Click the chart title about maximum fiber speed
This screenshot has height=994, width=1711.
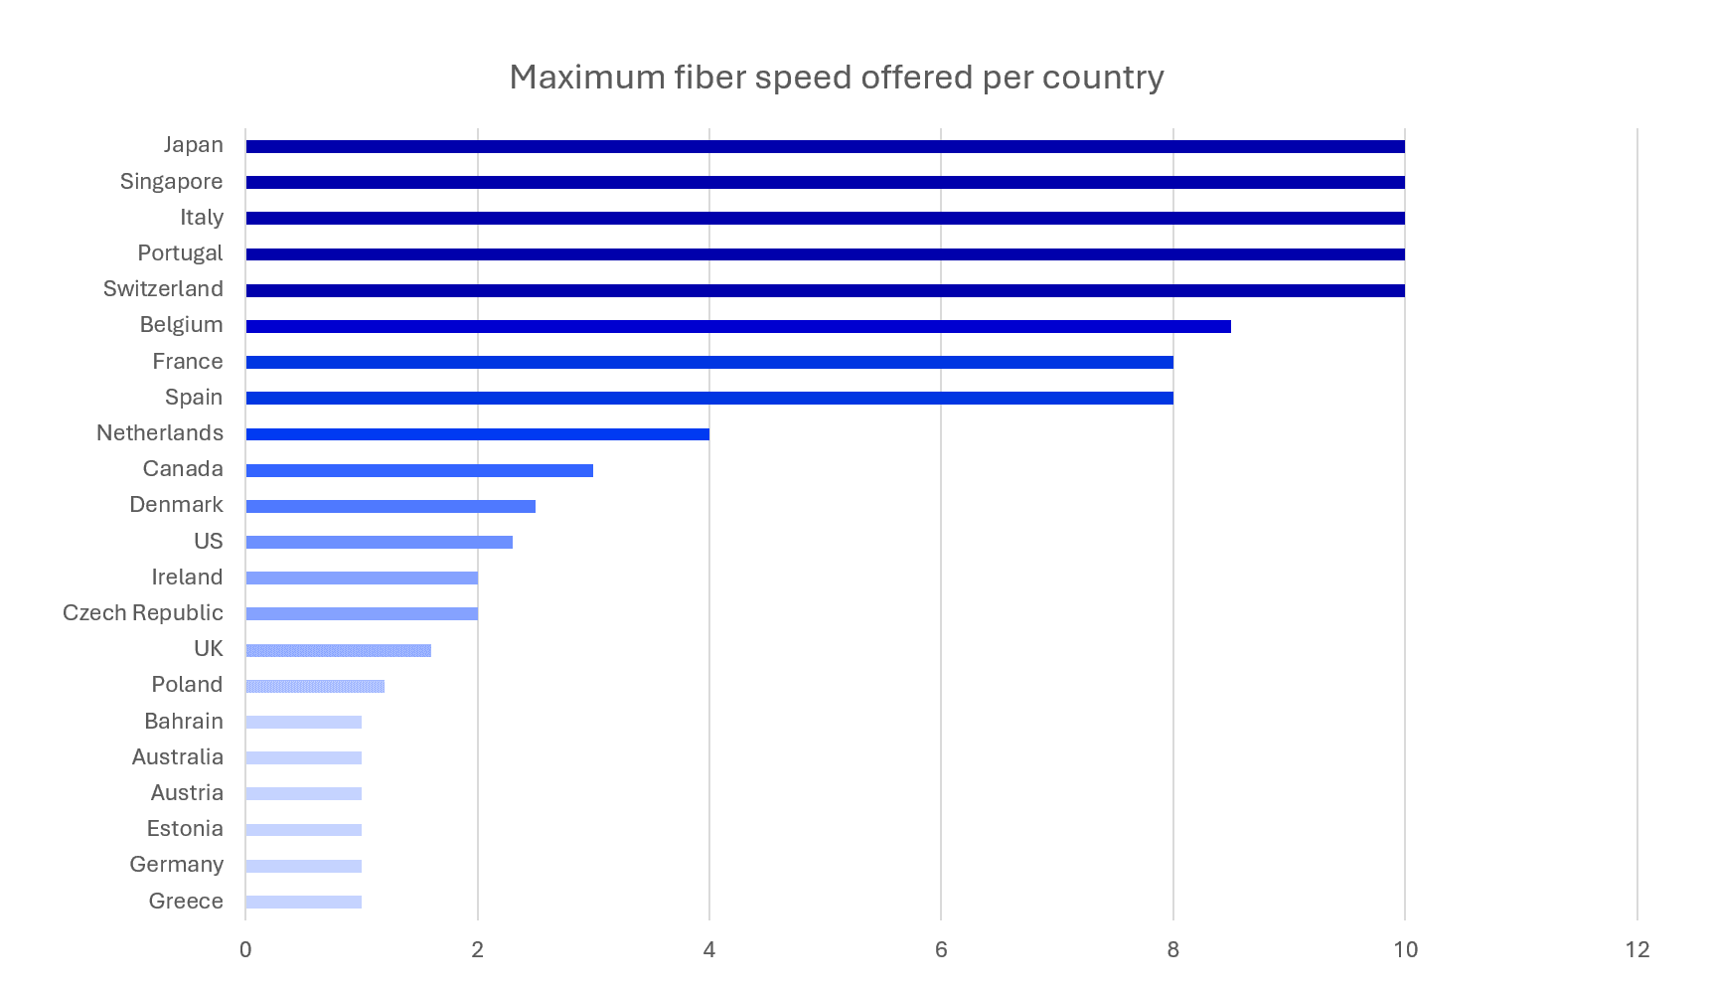coord(837,78)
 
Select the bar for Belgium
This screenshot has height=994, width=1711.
coord(738,326)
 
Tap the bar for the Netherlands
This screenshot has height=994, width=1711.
coord(478,433)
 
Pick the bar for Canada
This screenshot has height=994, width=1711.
coord(419,470)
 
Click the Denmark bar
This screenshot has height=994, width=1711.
coord(390,506)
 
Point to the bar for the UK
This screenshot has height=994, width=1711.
coord(339,650)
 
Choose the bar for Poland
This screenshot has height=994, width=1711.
coord(315,686)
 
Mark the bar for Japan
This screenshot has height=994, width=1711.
coord(826,146)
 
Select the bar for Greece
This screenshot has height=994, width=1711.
coord(304,902)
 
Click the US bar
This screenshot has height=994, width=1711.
coord(380,542)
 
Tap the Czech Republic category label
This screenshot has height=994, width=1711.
coord(143,613)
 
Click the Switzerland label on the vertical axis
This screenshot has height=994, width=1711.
coord(163,289)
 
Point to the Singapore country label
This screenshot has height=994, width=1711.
coord(171,182)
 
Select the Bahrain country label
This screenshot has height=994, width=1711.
coord(184,721)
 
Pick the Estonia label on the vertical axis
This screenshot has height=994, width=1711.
coord(185,829)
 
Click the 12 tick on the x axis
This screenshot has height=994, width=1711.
coord(1637,949)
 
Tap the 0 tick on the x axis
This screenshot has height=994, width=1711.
coord(245,949)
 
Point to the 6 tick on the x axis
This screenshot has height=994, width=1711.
coord(941,949)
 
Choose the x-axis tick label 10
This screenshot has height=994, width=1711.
coord(1405,949)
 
